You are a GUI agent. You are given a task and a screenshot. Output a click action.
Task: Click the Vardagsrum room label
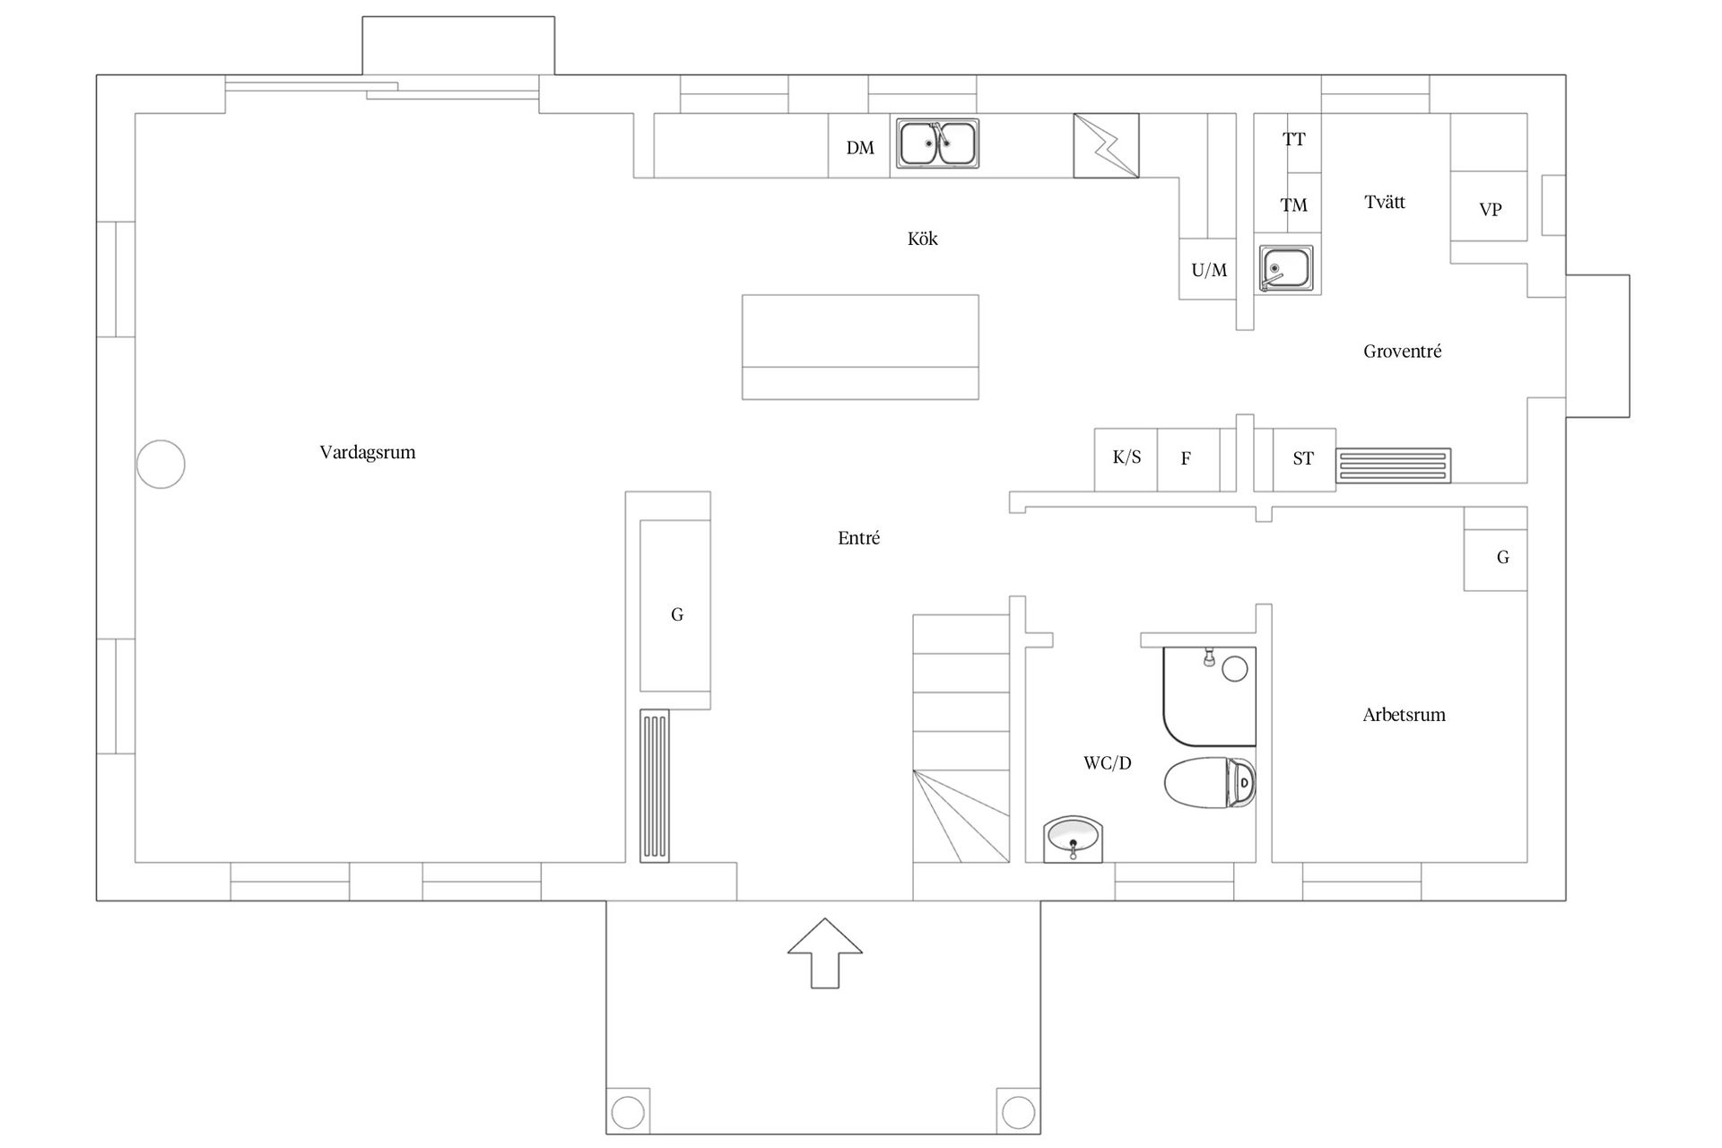(368, 453)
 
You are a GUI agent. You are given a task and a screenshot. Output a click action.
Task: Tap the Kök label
(923, 239)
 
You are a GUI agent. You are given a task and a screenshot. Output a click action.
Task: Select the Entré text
(858, 538)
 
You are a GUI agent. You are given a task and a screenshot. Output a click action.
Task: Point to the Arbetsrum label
(1404, 715)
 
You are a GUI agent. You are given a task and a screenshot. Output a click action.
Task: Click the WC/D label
(1108, 763)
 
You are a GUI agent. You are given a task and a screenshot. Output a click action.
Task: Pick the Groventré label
(1402, 352)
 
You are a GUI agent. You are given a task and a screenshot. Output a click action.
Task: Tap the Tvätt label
(1385, 202)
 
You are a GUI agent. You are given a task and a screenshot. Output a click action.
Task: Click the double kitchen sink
(937, 143)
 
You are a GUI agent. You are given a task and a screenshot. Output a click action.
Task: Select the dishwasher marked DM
(859, 145)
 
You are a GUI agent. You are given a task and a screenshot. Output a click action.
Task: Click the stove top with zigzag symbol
(1106, 145)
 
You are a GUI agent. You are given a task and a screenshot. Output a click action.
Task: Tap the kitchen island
(860, 347)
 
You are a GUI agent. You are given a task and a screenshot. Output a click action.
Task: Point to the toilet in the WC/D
(1210, 783)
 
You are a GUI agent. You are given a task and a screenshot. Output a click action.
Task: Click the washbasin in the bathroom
(1074, 839)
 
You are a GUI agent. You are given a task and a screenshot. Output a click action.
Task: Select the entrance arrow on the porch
(825, 953)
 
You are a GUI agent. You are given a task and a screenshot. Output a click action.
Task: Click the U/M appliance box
(1208, 269)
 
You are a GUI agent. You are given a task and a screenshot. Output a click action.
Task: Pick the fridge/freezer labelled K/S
(1126, 459)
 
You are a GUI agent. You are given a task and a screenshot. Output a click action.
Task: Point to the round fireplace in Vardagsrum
(161, 465)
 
